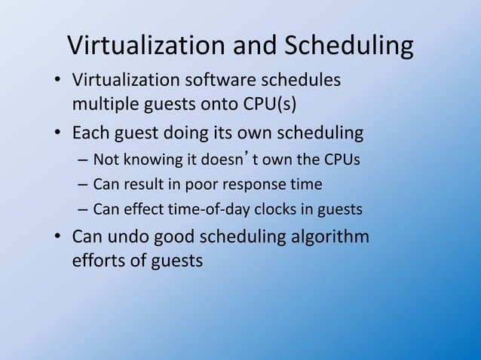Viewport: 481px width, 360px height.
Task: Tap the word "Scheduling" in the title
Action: pos(348,47)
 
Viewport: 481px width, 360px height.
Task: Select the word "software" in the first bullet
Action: pos(224,80)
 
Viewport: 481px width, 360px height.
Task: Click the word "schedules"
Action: pos(304,80)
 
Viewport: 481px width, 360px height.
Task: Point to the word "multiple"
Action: pos(102,102)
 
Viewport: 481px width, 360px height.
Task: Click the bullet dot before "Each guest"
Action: pos(58,135)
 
